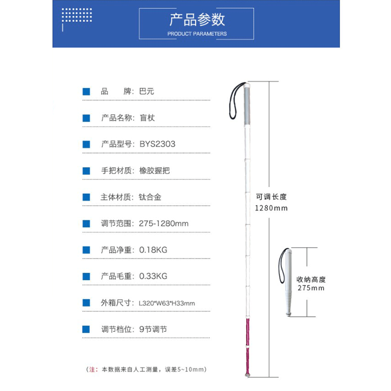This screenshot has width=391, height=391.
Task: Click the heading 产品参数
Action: (197, 20)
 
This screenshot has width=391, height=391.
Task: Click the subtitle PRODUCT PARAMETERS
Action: (197, 34)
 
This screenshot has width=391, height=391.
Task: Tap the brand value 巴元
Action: (147, 91)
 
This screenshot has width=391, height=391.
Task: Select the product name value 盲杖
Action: (147, 118)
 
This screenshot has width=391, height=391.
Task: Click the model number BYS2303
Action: (157, 144)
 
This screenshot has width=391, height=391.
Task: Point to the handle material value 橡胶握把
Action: (154, 171)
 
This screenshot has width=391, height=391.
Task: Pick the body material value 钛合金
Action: (150, 197)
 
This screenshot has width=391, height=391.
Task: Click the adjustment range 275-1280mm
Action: (164, 223)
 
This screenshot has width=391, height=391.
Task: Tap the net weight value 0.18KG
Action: (153, 250)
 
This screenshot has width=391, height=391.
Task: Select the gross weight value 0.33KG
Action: (153, 276)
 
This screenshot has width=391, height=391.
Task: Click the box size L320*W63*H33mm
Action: (167, 303)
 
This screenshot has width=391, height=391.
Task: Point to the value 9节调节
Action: (153, 329)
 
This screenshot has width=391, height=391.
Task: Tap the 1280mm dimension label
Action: (271, 208)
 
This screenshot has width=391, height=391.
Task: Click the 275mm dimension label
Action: (311, 288)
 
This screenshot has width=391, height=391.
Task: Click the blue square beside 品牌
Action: (87, 91)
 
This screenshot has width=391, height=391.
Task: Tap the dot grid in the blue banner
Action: (75, 16)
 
